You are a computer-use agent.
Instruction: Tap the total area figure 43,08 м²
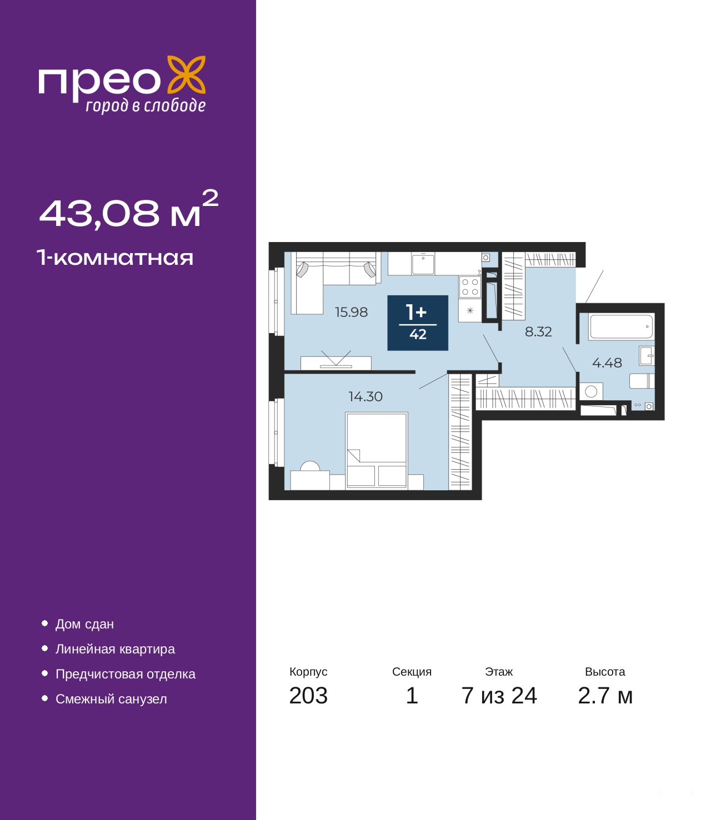(129, 210)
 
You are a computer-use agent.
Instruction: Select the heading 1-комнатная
(115, 258)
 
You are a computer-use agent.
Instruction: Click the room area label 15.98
(351, 312)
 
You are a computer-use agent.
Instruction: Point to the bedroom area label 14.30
(365, 396)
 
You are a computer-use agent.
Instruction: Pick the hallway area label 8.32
(538, 331)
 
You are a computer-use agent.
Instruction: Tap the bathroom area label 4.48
(607, 363)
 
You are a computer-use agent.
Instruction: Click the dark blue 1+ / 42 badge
(418, 323)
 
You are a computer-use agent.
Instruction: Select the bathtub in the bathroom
(621, 327)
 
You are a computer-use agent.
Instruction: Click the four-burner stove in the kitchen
(470, 287)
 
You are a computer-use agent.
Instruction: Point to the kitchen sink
(423, 263)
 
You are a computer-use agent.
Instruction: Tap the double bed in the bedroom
(377, 451)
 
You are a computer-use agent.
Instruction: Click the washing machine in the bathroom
(591, 391)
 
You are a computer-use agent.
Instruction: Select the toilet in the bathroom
(642, 381)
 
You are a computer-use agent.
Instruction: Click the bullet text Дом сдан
(84, 624)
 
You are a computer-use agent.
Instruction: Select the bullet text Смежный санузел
(111, 699)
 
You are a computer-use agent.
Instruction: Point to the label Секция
(412, 672)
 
